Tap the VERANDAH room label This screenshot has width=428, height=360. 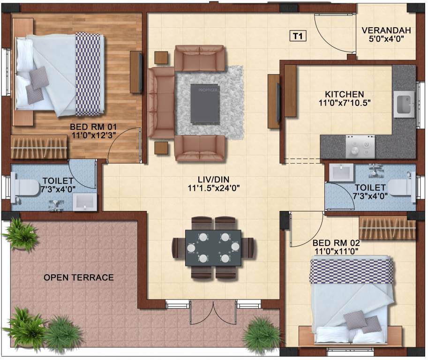pyautogui.click(x=386, y=30)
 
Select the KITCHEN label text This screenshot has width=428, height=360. pyautogui.click(x=346, y=94)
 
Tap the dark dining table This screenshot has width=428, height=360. pyautogui.click(x=214, y=247)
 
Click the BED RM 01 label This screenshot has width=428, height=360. pyautogui.click(x=93, y=127)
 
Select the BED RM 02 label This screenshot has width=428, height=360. pyautogui.click(x=336, y=243)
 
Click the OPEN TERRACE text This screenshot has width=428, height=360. pyautogui.click(x=79, y=277)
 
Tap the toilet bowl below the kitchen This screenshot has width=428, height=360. pyautogui.click(x=401, y=187)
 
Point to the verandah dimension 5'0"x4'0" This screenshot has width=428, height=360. pyautogui.click(x=386, y=39)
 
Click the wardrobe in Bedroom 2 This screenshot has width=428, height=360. pyautogui.click(x=387, y=228)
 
